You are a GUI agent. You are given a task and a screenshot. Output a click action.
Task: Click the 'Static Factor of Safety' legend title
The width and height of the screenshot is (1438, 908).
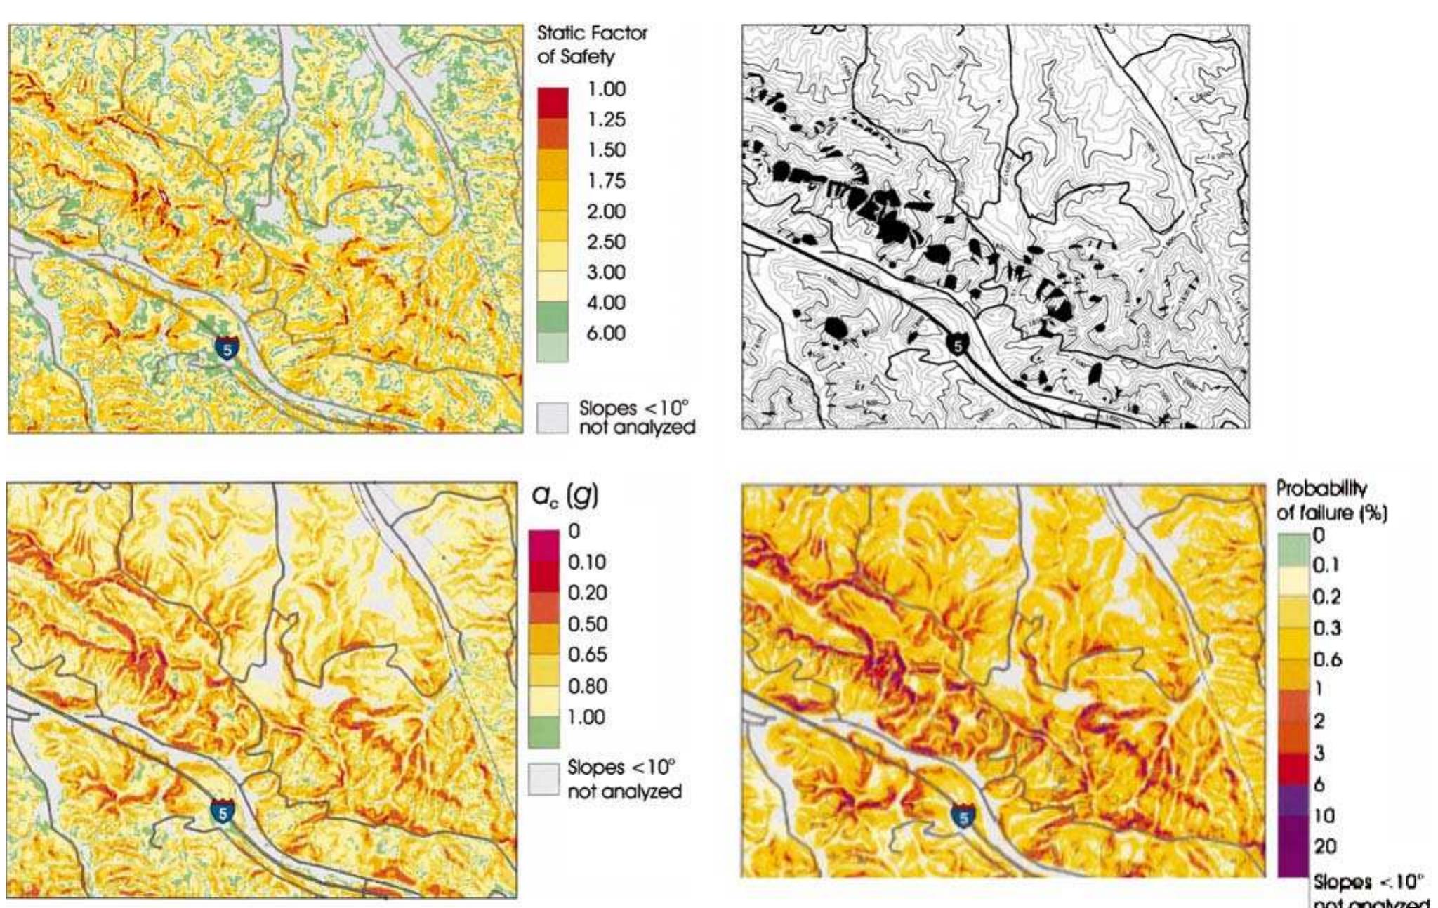click(591, 44)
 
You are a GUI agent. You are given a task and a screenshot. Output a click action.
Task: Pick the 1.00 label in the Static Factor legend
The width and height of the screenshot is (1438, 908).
click(605, 89)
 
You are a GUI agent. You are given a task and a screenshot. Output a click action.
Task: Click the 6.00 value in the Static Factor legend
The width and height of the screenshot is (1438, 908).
click(605, 333)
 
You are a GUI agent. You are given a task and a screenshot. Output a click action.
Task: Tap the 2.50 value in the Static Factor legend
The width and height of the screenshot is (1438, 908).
click(605, 242)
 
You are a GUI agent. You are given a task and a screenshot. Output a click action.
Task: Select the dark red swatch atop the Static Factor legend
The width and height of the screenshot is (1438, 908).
click(552, 103)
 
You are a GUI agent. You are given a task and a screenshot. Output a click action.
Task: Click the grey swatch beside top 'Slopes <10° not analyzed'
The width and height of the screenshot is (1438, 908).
click(552, 418)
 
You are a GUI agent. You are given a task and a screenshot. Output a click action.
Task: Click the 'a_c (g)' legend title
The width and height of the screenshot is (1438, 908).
click(565, 496)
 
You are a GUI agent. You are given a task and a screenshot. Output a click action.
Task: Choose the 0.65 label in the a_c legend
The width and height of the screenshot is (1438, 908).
click(587, 654)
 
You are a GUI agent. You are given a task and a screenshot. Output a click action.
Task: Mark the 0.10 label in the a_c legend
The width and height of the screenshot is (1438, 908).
click(587, 562)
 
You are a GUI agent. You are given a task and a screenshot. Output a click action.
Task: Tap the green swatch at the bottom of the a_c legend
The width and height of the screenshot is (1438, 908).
click(543, 732)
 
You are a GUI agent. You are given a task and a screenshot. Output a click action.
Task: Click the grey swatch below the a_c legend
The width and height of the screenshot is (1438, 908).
click(543, 779)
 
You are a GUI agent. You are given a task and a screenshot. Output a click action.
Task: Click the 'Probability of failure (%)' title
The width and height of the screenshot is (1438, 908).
click(1331, 500)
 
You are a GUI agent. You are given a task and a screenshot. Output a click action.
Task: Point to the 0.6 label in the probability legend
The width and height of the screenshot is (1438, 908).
click(1327, 659)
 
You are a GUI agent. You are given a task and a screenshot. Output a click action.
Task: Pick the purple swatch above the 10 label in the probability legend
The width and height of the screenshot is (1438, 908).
click(1293, 800)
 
